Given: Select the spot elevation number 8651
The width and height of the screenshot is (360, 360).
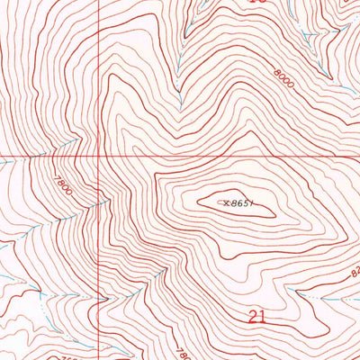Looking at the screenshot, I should [233, 203].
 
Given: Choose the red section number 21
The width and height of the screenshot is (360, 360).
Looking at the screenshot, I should [256, 317].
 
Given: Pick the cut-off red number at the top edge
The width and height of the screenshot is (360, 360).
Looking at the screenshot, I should [258, 2].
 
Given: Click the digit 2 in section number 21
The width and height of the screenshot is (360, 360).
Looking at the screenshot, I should [251, 317].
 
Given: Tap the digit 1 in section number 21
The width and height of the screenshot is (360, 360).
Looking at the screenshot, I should [263, 317].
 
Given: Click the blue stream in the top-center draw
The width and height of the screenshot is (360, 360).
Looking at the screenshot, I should [185, 54].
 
